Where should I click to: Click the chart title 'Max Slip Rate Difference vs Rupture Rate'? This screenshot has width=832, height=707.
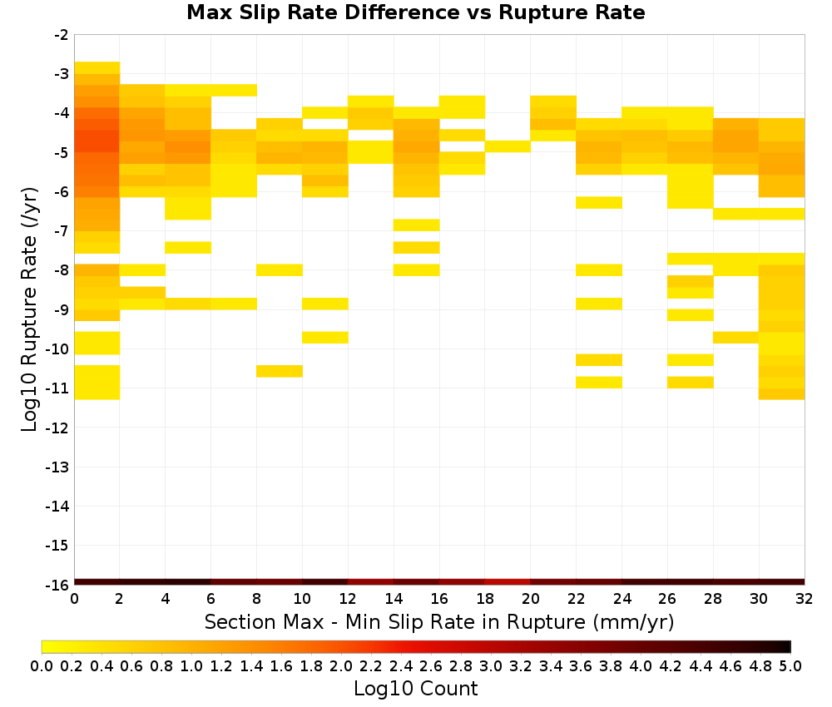[415, 12]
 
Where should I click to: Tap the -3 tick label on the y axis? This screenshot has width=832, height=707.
[62, 74]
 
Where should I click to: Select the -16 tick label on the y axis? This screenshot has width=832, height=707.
[58, 585]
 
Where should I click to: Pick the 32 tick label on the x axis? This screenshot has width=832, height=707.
[805, 599]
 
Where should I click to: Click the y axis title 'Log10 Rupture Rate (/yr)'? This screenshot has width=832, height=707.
[29, 309]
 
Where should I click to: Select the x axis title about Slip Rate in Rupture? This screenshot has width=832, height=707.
[439, 621]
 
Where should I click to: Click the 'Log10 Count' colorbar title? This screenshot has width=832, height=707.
[415, 689]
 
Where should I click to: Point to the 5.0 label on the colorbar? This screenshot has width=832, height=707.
[790, 665]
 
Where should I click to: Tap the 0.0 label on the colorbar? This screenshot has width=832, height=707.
[42, 665]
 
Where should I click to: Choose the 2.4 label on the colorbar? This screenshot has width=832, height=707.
[401, 665]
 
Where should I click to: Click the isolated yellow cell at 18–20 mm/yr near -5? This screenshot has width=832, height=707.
[508, 146]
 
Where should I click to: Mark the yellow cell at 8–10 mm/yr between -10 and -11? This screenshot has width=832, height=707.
[280, 371]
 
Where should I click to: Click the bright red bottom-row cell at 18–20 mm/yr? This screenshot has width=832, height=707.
[508, 582]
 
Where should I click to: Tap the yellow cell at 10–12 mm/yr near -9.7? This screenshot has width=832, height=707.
[325, 338]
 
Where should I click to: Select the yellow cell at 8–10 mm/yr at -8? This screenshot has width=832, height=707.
[280, 270]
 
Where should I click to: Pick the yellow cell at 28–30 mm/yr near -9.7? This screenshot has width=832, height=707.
[736, 338]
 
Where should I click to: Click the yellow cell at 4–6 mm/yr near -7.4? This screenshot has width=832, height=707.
[188, 248]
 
